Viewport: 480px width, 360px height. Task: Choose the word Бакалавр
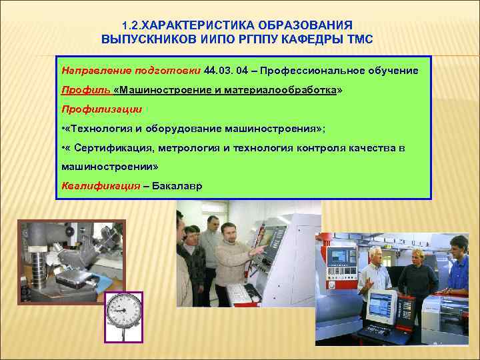[181, 185]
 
